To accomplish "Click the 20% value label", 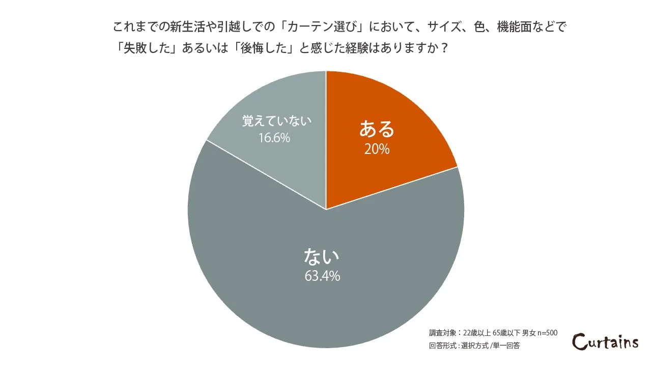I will (x=377, y=149).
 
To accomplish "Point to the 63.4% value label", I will (x=322, y=276).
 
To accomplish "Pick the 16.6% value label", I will (x=274, y=138).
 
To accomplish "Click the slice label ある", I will (x=377, y=129).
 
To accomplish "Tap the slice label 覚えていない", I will (x=276, y=122).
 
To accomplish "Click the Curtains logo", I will (x=605, y=340).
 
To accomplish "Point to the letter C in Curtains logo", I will (x=580, y=341).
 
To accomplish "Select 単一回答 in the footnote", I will (x=507, y=345).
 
